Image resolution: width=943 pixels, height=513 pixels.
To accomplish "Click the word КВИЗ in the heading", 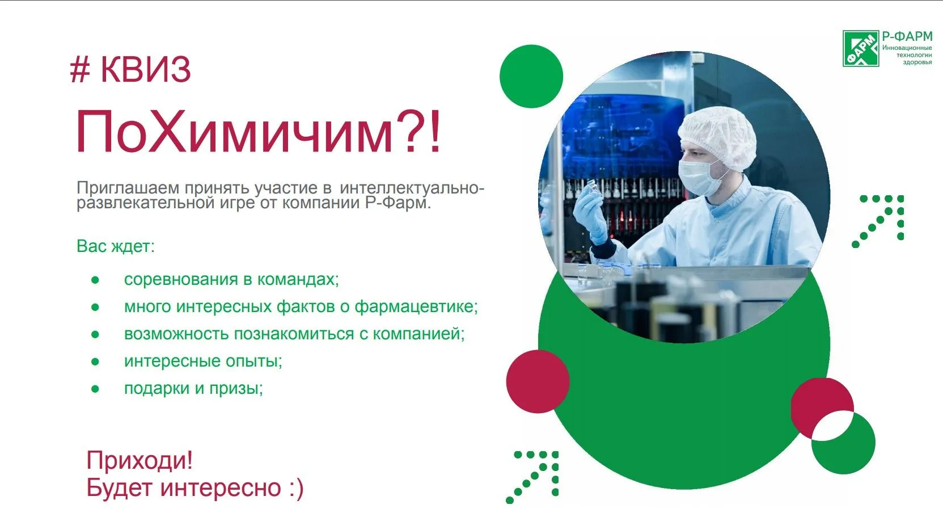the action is tap(146, 69).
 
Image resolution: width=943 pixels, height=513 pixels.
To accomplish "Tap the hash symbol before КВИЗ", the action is tap(80, 69).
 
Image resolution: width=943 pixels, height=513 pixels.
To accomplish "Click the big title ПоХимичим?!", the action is tap(258, 132).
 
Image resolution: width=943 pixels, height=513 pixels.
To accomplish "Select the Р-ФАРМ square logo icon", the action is tap(861, 48).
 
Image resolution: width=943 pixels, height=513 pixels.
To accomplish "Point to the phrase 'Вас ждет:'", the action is tap(116, 246).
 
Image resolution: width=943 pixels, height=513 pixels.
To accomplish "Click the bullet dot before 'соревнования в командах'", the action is tap(95, 280).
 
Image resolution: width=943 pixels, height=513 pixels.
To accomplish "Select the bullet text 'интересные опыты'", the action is tap(203, 361).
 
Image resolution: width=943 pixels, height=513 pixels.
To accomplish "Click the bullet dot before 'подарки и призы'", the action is tap(95, 389).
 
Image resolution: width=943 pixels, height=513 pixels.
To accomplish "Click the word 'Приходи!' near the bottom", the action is tap(139, 460).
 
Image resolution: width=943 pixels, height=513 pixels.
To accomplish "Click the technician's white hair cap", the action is tap(718, 137).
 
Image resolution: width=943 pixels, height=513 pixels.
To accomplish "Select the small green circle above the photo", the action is tap(531, 76).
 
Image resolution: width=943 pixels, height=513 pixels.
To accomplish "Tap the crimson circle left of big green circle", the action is tap(538, 381).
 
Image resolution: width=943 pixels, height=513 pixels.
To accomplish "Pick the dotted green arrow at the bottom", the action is tap(532, 477).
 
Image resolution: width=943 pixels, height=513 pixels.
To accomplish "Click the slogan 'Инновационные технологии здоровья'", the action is tap(907, 55).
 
